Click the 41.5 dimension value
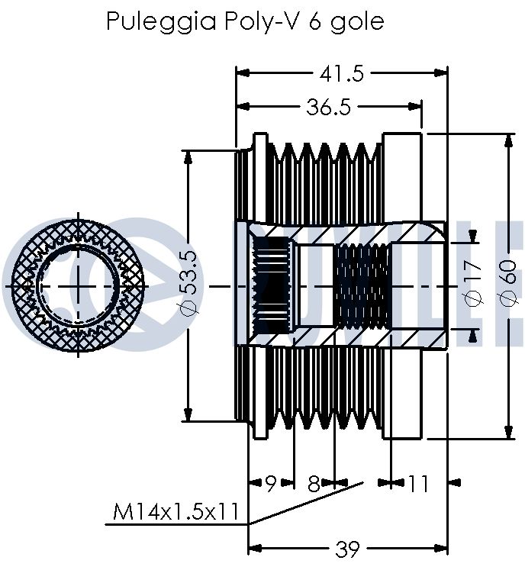(341, 74)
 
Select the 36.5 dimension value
(329, 108)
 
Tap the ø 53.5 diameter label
(188, 283)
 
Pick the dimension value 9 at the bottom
(270, 484)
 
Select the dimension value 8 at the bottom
(314, 484)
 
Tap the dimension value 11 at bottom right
(418, 484)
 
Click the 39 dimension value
(347, 549)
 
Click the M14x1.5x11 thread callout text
(176, 512)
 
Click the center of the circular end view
(78, 286)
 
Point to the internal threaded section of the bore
(362, 286)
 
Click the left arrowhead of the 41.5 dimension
(243, 73)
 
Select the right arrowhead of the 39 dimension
(440, 548)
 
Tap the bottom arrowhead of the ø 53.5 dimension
(188, 415)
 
